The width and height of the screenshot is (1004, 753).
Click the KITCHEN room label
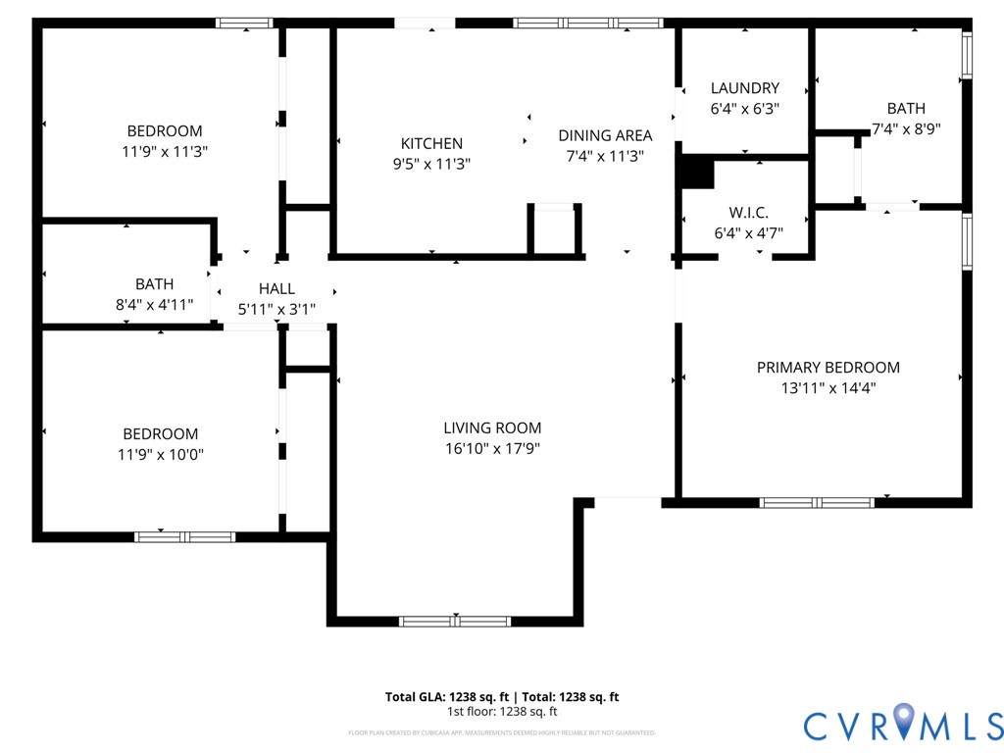point(431,143)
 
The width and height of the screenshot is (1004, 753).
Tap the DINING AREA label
point(605,135)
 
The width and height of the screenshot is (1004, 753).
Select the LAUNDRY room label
point(745,88)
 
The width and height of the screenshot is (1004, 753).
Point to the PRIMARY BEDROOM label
point(828,368)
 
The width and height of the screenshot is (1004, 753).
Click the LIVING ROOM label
point(492,427)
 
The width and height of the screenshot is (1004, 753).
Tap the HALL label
point(276,288)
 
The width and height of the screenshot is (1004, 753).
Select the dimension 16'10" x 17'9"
point(492,448)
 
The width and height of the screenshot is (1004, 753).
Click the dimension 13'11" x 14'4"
point(828,387)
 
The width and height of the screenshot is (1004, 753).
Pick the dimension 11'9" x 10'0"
point(160,454)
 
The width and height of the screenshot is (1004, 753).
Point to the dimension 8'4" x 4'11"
point(155,305)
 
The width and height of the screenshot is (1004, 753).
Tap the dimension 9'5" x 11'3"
point(431,164)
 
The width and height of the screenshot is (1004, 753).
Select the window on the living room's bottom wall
point(455,621)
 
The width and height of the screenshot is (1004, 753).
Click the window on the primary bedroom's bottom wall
point(817,503)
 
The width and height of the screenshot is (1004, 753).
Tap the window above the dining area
point(588,23)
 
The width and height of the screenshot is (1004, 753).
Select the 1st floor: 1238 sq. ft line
point(502,712)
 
